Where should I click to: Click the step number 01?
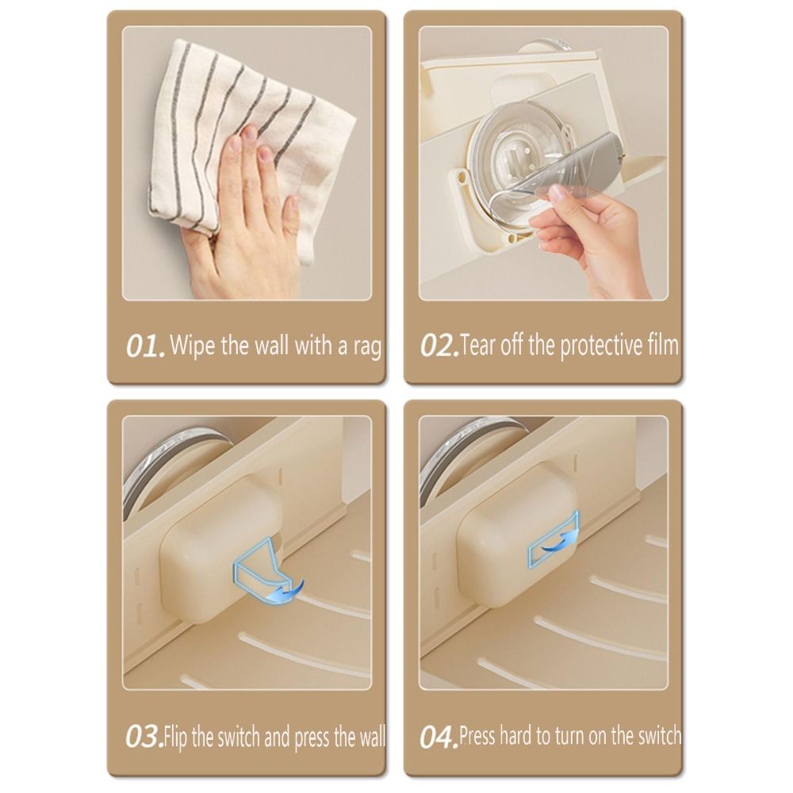pos(146,347)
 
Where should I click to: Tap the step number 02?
pos(439,347)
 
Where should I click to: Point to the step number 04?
pos(439,737)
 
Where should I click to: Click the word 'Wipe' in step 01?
pos(190,346)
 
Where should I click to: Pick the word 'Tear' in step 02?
pos(477,346)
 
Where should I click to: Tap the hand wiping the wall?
pos(246,198)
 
